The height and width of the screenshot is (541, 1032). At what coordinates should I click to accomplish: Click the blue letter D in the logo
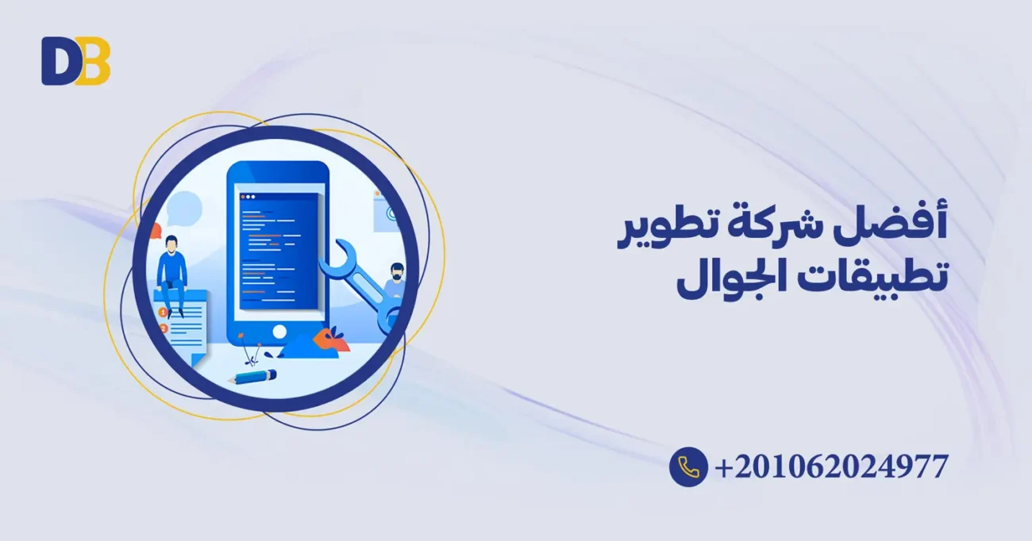[x=57, y=61]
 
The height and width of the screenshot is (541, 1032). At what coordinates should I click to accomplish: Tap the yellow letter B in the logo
[x=94, y=61]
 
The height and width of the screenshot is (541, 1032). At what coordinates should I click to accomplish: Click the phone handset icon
[x=688, y=466]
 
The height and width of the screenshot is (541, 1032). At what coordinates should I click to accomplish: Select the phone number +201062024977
[x=831, y=466]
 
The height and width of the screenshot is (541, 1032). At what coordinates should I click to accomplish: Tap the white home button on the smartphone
[x=278, y=330]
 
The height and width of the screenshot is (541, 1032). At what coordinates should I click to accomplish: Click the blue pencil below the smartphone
[x=252, y=376]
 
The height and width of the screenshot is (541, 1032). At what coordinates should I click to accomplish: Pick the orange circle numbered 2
[x=164, y=328]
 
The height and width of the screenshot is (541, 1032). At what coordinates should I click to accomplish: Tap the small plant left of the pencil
[x=253, y=352]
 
